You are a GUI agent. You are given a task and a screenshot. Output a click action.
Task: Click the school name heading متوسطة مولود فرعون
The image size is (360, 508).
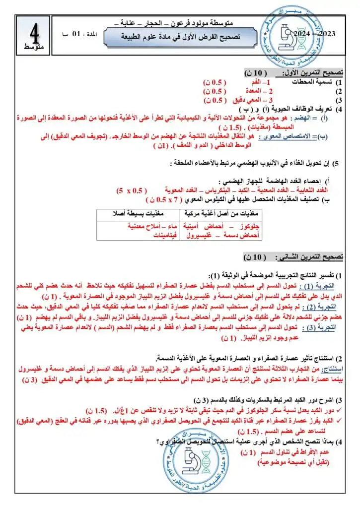(x=202, y=23)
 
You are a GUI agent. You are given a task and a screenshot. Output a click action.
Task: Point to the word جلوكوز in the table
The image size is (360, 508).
(x=250, y=226)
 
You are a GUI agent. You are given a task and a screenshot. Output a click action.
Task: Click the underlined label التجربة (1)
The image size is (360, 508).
(x=321, y=286)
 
